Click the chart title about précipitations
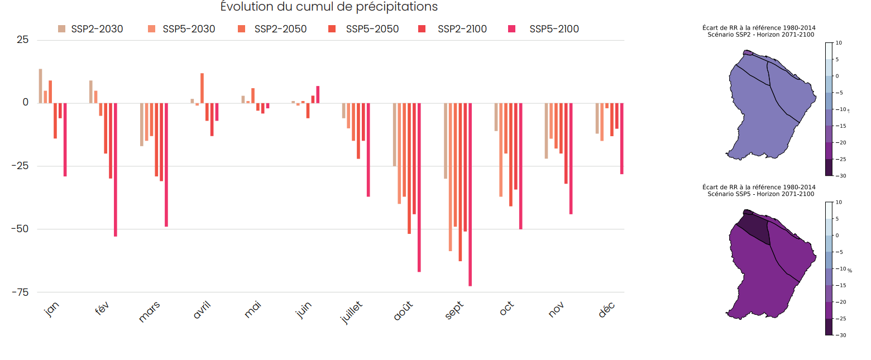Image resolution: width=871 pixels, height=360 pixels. pyautogui.click(x=329, y=7)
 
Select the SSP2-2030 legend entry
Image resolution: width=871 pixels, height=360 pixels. pyautogui.click(x=90, y=29)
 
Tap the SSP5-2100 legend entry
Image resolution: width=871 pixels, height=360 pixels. pyautogui.click(x=547, y=29)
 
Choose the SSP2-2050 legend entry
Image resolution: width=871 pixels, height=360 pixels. pyautogui.click(x=274, y=29)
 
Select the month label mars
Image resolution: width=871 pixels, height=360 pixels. pyautogui.click(x=149, y=311)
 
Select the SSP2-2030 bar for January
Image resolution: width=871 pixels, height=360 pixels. pyautogui.click(x=40, y=86)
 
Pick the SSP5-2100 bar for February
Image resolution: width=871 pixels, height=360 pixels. pyautogui.click(x=116, y=170)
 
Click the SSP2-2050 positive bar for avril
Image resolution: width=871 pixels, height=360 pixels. pyautogui.click(x=202, y=88)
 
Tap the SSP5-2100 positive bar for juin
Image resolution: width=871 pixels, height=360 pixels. pyautogui.click(x=318, y=94)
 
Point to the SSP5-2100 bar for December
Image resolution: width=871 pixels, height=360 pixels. pyautogui.click(x=621, y=138)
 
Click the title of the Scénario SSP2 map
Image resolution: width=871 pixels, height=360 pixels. pyautogui.click(x=759, y=31)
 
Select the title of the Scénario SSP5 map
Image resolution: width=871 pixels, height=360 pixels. pyautogui.click(x=759, y=190)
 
